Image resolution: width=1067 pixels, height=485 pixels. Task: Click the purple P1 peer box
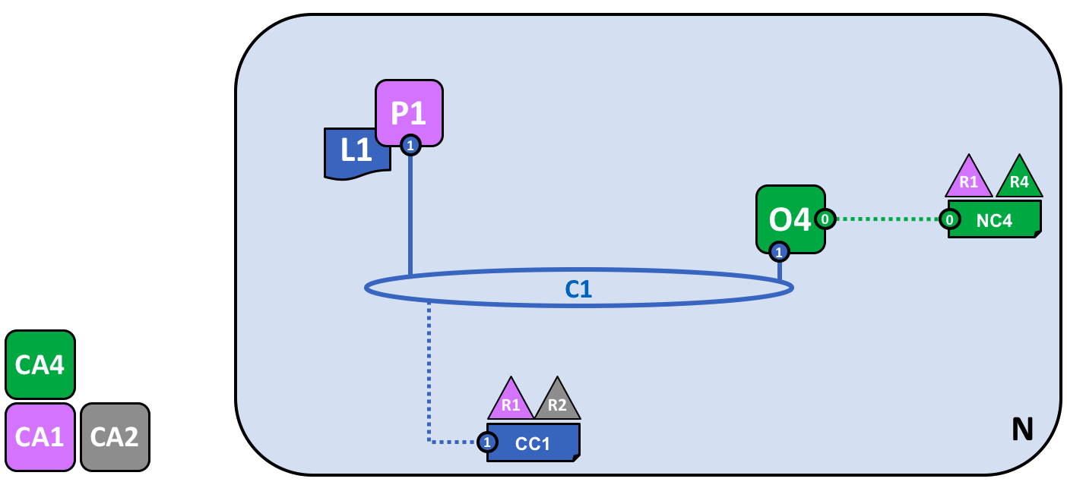(409, 112)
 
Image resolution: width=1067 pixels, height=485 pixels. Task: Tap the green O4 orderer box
(790, 218)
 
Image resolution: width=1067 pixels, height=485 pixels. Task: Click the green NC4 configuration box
(994, 220)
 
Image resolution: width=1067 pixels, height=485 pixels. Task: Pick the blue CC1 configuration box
(533, 442)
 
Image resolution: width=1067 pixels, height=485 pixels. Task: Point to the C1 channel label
(578, 288)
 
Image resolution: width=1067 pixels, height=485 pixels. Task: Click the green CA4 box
(40, 365)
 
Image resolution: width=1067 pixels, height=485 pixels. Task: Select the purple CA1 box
(40, 437)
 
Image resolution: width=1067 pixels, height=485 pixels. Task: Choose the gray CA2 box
(115, 437)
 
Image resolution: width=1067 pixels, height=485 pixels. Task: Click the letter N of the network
(1022, 430)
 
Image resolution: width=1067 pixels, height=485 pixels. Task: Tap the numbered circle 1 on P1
(410, 144)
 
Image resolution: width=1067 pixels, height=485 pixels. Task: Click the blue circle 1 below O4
(779, 251)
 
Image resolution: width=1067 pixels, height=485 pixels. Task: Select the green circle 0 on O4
(825, 219)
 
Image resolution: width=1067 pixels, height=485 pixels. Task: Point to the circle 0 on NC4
(949, 219)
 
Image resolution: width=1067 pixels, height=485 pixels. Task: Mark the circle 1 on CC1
(487, 442)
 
